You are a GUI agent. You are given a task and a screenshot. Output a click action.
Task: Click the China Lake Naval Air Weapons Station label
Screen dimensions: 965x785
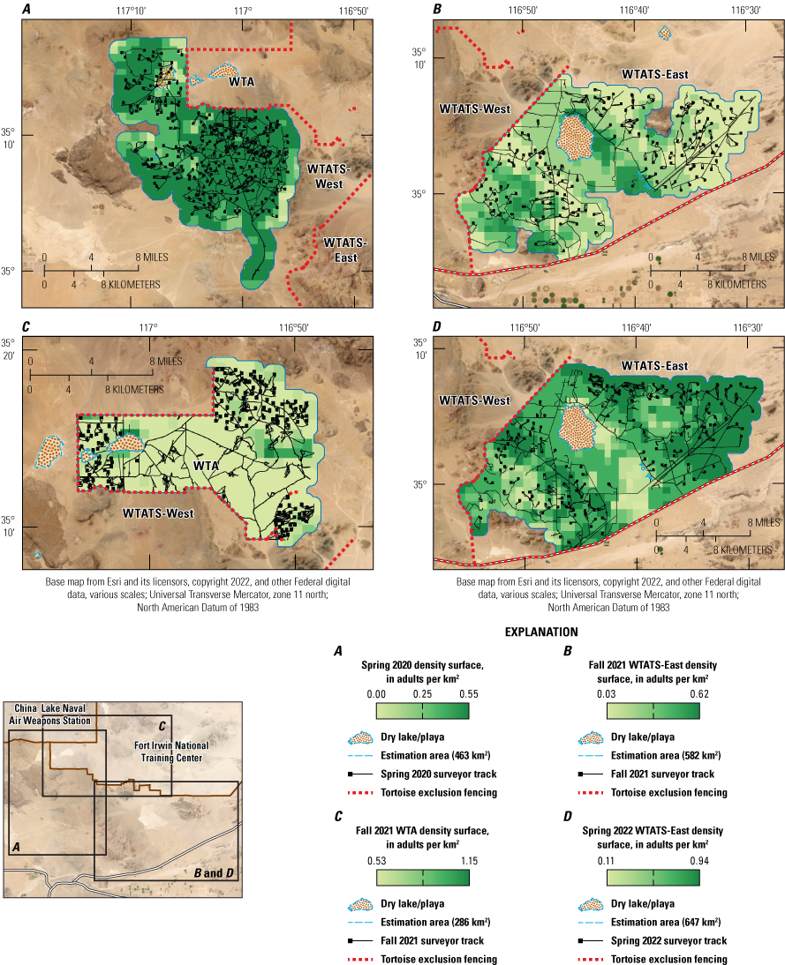click(x=52, y=714)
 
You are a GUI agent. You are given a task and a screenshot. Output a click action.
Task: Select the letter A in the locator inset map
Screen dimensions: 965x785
click(x=15, y=846)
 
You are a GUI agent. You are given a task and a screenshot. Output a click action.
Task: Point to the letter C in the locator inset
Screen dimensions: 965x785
click(x=162, y=725)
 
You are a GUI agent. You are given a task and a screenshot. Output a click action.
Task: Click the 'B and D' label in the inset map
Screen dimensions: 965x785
click(x=215, y=873)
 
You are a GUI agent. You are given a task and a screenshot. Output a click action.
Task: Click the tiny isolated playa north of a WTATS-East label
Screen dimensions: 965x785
click(x=664, y=33)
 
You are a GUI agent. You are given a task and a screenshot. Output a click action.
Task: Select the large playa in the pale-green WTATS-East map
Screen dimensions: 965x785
click(x=577, y=137)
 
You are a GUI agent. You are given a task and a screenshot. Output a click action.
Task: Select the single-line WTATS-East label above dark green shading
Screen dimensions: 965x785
click(x=655, y=365)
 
